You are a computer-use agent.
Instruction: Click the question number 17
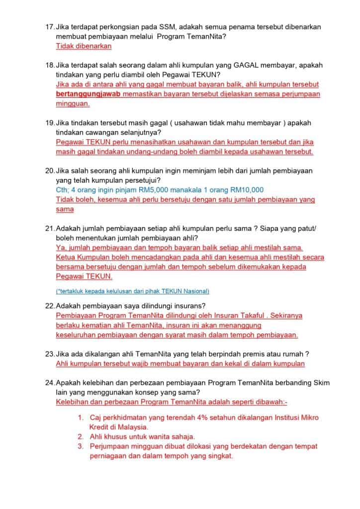pyautogui.click(x=49, y=26)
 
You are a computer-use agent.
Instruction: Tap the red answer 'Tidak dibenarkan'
pyautogui.click(x=84, y=46)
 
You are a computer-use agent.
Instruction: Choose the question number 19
pyautogui.click(x=49, y=122)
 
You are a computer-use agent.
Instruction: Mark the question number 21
pyautogui.click(x=49, y=228)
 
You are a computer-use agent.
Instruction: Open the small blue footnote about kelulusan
pyautogui.click(x=133, y=291)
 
